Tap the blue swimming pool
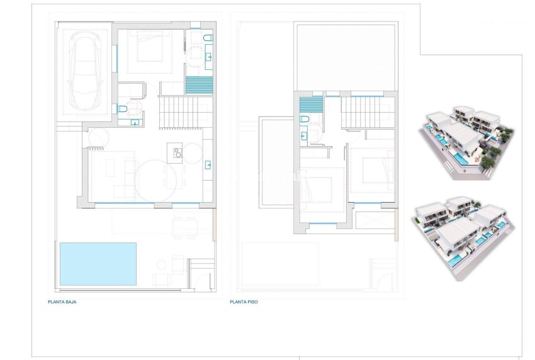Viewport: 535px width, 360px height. pyautogui.click(x=98, y=264)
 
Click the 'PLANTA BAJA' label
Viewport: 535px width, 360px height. pyautogui.click(x=62, y=302)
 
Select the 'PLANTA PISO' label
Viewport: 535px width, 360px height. pyautogui.click(x=244, y=302)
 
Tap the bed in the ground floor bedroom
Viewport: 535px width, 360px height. pyautogui.click(x=148, y=48)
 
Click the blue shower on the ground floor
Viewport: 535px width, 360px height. pyautogui.click(x=199, y=84)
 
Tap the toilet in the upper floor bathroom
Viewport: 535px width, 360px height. pyautogui.click(x=305, y=118)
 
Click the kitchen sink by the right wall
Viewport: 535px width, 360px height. pyautogui.click(x=208, y=165)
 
